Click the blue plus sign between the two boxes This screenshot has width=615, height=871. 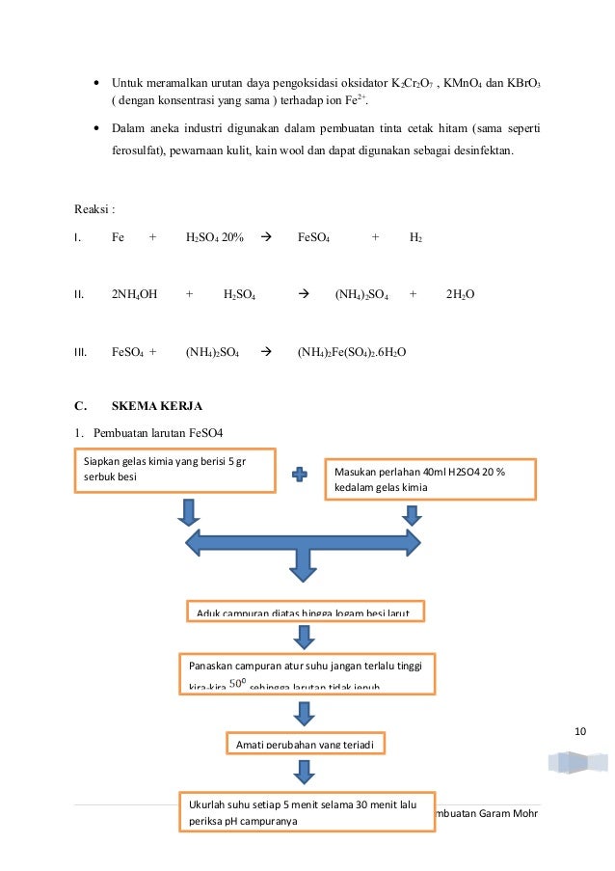coord(301,474)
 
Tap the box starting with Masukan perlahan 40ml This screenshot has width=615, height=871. coord(430,478)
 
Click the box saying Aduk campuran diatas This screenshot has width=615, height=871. coord(305,612)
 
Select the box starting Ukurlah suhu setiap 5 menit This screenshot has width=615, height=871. coord(304,811)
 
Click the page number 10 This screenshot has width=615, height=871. coord(579,730)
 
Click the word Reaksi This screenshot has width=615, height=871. coord(93,208)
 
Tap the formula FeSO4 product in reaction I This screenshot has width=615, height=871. coord(315,238)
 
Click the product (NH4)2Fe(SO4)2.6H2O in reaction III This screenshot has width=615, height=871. coord(352,352)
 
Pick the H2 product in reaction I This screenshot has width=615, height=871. coord(415,238)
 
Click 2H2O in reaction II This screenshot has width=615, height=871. coord(460,294)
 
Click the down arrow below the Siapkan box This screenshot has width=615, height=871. coord(189,511)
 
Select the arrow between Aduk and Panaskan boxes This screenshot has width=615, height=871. coord(304,637)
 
